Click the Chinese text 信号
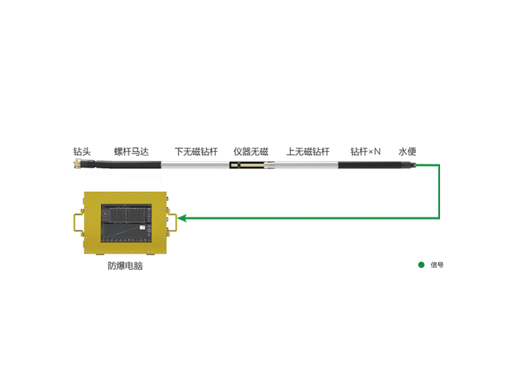coord(436,265)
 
